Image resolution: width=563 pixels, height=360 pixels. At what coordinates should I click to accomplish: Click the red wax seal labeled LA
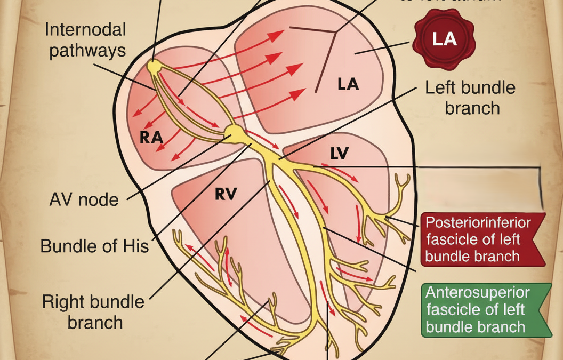444,39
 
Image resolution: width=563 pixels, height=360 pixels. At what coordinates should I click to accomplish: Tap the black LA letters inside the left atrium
348,84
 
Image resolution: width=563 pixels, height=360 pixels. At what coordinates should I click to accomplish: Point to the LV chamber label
339,154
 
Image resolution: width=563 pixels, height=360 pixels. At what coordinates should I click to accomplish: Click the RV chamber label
226,194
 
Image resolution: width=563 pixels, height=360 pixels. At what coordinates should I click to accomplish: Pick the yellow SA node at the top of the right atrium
154,67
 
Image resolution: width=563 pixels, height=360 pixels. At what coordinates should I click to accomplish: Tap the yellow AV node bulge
233,132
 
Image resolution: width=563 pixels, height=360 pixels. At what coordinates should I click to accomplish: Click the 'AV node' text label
84,200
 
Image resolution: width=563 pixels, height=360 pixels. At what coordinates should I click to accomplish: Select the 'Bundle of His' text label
94,246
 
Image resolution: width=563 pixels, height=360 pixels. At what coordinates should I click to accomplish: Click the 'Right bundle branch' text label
93,312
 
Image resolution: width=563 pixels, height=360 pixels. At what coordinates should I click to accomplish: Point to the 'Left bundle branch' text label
470,97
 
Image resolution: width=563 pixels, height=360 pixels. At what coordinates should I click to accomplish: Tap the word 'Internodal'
85,29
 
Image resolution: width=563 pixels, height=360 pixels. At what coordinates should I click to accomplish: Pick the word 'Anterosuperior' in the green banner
478,293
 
